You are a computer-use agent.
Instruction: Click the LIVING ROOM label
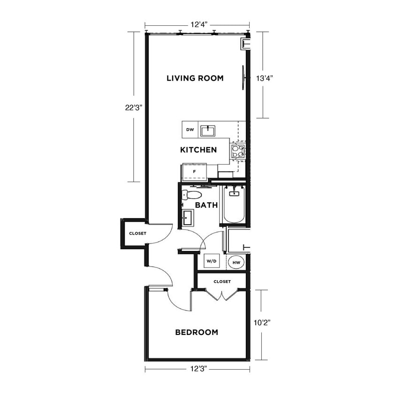(x=195, y=78)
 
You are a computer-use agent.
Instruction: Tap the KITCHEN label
(x=198, y=150)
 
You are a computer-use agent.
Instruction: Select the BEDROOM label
(x=197, y=332)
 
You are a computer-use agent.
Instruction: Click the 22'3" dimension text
(x=133, y=107)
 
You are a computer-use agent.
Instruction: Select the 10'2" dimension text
(x=262, y=323)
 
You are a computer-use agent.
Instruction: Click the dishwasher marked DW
(x=190, y=130)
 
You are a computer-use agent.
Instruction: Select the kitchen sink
(x=207, y=131)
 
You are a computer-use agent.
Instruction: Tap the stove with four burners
(x=238, y=151)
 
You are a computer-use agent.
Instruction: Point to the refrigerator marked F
(x=194, y=172)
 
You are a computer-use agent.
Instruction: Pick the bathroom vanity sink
(x=187, y=218)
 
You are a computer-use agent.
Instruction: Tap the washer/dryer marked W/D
(x=212, y=261)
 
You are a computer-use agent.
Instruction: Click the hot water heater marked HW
(x=236, y=262)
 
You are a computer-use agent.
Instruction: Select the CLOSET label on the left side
(x=137, y=233)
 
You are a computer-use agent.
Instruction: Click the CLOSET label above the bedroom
(x=222, y=282)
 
